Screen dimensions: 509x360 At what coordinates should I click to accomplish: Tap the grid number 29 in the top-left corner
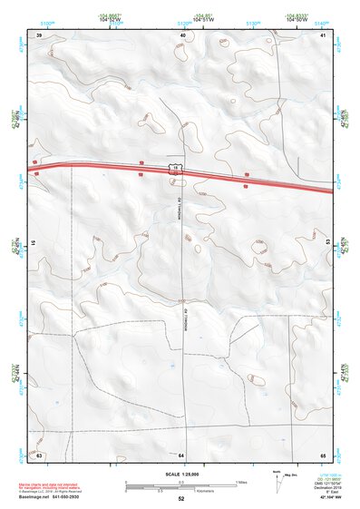pos(39,35)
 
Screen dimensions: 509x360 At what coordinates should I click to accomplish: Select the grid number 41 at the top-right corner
pos(323,35)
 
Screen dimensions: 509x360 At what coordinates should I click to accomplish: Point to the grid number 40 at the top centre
pos(183,35)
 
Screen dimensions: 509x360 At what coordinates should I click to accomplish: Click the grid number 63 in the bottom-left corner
pos(39,454)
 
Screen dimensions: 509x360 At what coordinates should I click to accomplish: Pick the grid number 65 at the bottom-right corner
pos(323,454)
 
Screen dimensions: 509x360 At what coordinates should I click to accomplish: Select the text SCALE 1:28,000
pos(180,474)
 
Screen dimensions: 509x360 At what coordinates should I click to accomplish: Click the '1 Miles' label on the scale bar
pos(240,481)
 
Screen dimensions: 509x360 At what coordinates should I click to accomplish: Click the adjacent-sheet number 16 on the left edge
pos(33,243)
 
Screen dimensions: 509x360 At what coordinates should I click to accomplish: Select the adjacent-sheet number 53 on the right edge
pos(327,243)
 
